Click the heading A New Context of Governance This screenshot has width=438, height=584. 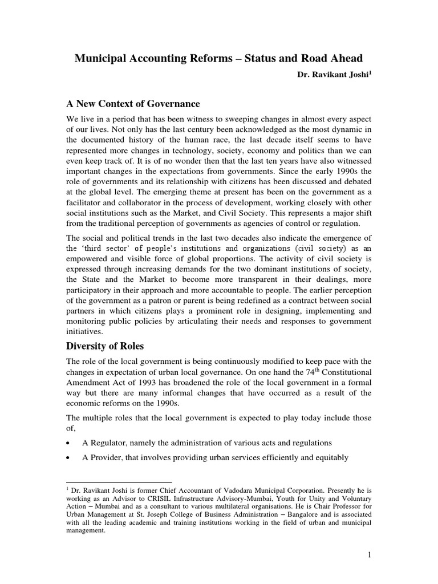133,104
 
